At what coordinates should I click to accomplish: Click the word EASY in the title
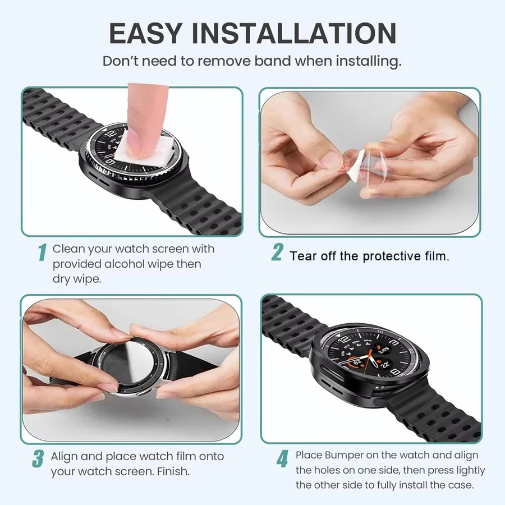(145, 33)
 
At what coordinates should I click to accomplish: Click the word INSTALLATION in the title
(294, 33)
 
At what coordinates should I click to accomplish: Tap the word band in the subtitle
(273, 61)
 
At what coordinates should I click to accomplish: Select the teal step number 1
(42, 252)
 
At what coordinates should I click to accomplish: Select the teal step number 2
(277, 252)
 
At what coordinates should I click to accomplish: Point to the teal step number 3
(38, 458)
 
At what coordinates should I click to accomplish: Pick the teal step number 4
(282, 458)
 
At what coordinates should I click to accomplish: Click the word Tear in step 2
(302, 256)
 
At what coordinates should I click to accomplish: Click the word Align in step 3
(64, 456)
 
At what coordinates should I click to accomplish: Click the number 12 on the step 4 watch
(344, 339)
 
